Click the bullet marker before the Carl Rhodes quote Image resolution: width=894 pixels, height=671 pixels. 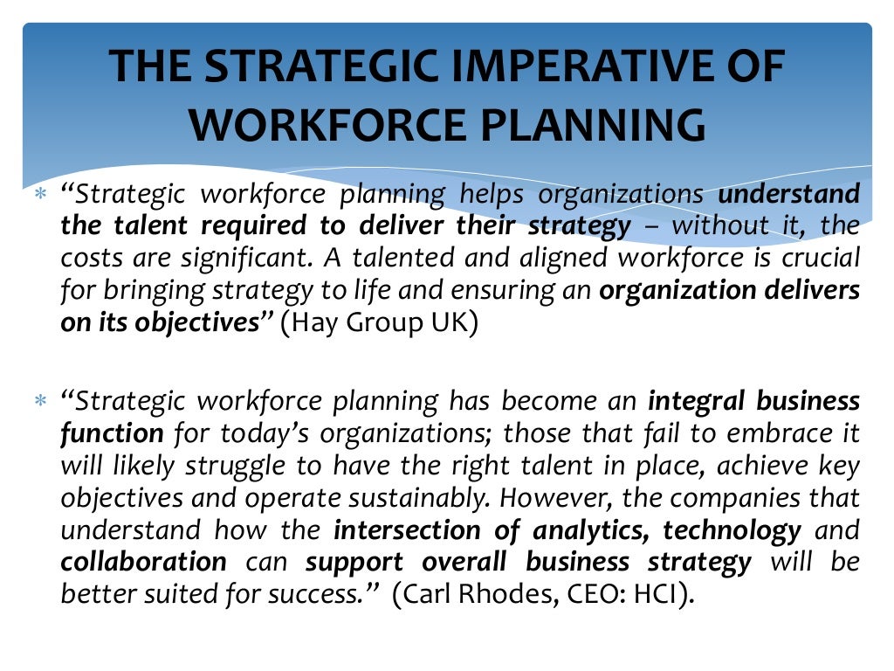coord(38,402)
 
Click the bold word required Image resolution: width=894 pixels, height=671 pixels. coord(253,225)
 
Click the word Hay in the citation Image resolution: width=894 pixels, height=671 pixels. coord(318,322)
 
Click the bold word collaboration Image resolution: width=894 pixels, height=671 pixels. coord(143,561)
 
